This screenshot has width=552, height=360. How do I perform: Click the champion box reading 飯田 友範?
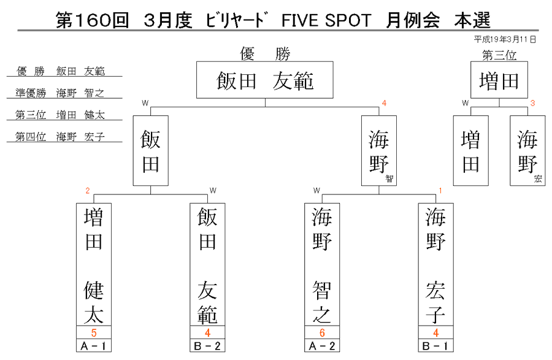tap(265, 80)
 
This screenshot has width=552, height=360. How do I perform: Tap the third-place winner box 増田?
tap(499, 80)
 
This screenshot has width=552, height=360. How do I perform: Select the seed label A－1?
tap(94, 345)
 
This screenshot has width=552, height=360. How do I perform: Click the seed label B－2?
tap(207, 345)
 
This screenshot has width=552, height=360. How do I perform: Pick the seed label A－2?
tap(322, 345)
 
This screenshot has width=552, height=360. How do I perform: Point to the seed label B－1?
tap(436, 345)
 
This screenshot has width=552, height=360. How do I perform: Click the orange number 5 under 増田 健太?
tap(94, 332)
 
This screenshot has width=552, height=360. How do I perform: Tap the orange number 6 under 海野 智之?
tap(322, 332)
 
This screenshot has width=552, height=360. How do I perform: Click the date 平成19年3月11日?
tap(505, 39)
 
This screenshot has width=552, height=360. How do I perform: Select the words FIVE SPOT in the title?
tap(326, 20)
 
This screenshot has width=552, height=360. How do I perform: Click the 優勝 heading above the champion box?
tap(265, 54)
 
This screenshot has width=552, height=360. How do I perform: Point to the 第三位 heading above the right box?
tap(499, 55)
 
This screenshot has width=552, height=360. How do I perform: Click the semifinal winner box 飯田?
tap(151, 151)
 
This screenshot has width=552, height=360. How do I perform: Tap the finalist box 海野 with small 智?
tap(379, 151)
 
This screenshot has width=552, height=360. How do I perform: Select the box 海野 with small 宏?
tap(527, 151)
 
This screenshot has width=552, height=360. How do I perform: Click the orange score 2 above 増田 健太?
tap(88, 191)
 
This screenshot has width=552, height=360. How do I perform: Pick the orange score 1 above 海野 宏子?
tap(440, 191)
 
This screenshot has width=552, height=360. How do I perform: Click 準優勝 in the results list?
tap(31, 93)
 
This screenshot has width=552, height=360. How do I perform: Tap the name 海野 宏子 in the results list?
tap(80, 137)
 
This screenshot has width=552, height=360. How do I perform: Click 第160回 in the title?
tap(93, 20)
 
